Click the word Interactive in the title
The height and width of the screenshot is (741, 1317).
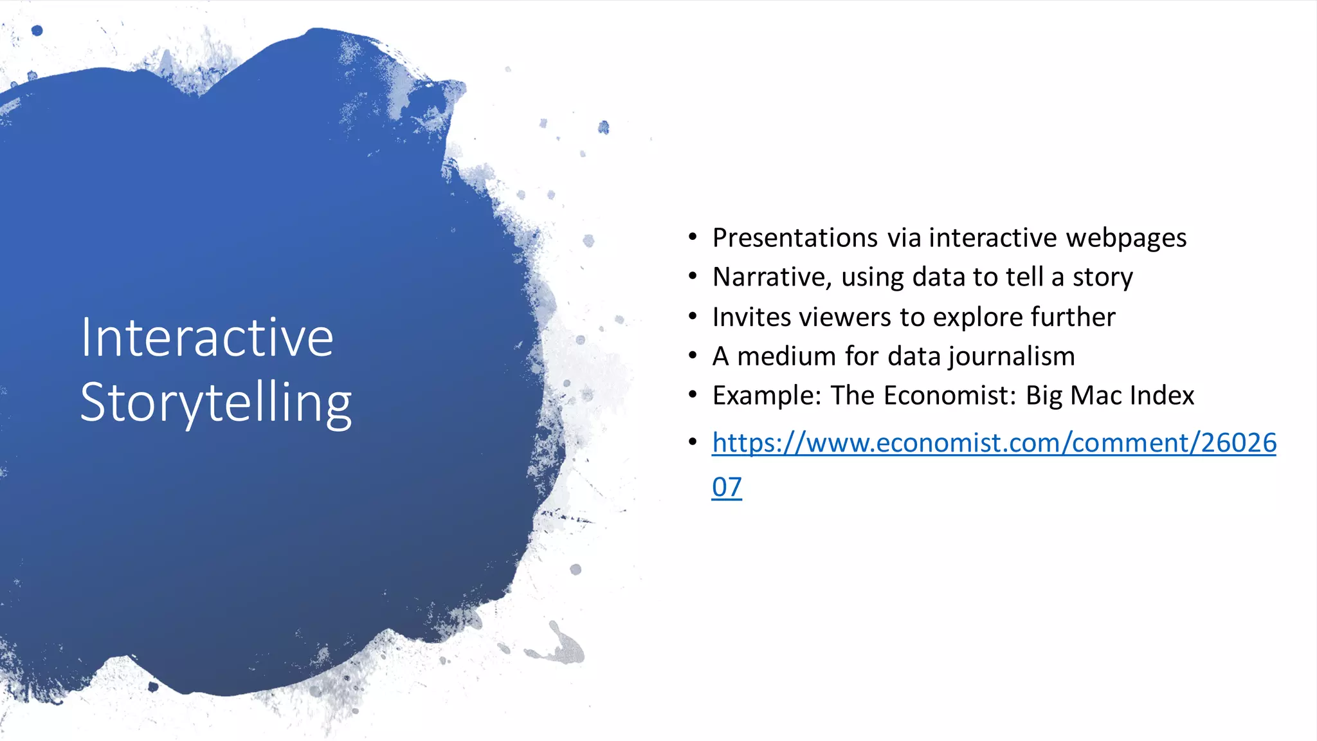click(x=206, y=338)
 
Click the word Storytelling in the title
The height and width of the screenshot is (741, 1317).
click(x=216, y=403)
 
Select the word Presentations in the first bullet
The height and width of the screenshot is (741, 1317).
click(x=795, y=238)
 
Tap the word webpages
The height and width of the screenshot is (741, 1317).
click(x=1126, y=238)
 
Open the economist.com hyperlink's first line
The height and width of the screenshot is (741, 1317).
click(x=994, y=443)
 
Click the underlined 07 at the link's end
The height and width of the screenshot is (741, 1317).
click(x=727, y=487)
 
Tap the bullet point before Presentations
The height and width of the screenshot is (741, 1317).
click(x=693, y=237)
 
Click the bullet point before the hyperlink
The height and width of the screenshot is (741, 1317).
click(x=693, y=442)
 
